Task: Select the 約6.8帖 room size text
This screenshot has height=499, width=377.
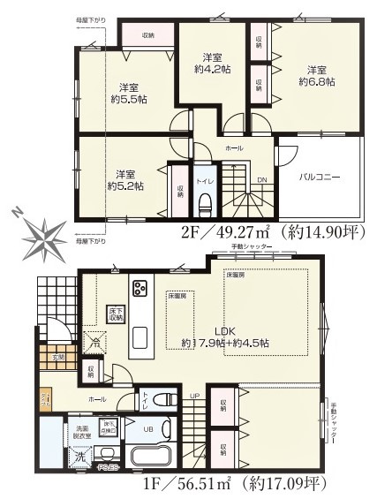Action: coord(316,82)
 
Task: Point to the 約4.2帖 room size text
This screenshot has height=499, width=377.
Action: coord(212,67)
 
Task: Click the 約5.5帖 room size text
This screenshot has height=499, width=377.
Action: coord(129,100)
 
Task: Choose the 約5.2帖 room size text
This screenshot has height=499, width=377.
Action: coord(124,185)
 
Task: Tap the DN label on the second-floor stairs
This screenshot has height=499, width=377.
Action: coord(261,179)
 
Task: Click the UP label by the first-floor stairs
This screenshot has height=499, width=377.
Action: coord(194,396)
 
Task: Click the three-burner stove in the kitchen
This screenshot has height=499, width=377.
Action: coord(139,288)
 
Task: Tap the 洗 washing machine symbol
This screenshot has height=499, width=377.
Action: coord(79,457)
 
